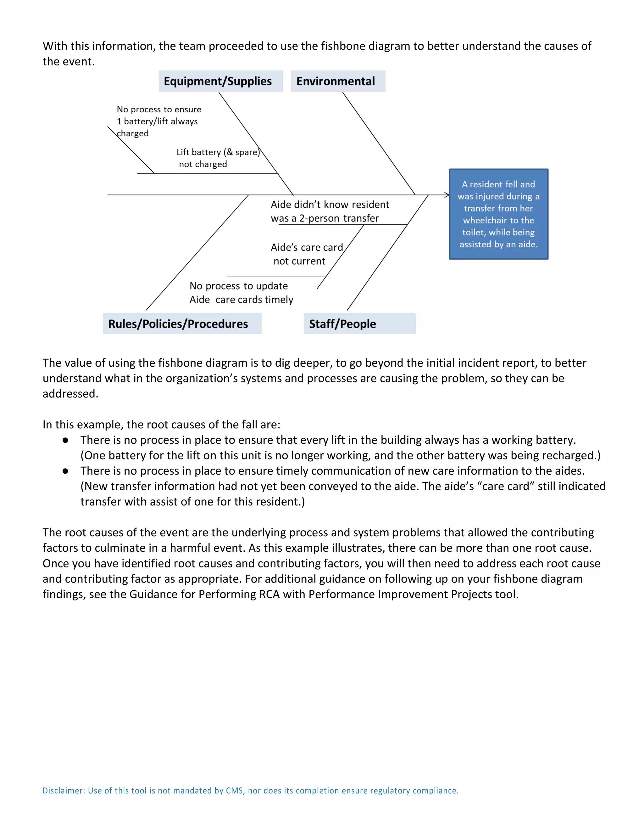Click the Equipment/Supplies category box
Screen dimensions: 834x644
click(x=220, y=81)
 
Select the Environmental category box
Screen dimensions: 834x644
click(x=338, y=81)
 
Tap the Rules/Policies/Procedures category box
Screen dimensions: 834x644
click(x=182, y=324)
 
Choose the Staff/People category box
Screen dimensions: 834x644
click(x=359, y=324)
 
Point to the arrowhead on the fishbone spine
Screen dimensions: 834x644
click(x=447, y=195)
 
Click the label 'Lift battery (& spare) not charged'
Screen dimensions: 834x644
click(x=218, y=158)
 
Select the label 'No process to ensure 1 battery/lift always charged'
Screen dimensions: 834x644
click(x=159, y=121)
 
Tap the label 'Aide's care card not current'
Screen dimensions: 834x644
click(x=306, y=254)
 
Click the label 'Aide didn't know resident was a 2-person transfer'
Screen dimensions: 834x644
click(x=330, y=211)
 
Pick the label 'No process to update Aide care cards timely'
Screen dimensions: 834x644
click(x=241, y=292)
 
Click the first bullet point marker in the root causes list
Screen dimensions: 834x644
click(x=66, y=440)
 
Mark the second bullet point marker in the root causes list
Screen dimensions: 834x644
click(x=66, y=471)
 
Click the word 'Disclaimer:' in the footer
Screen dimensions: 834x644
click(x=64, y=791)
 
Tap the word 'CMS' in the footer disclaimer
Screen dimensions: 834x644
click(x=234, y=791)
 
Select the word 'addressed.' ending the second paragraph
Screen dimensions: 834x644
click(x=70, y=394)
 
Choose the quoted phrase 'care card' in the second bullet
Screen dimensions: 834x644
click(x=509, y=486)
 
